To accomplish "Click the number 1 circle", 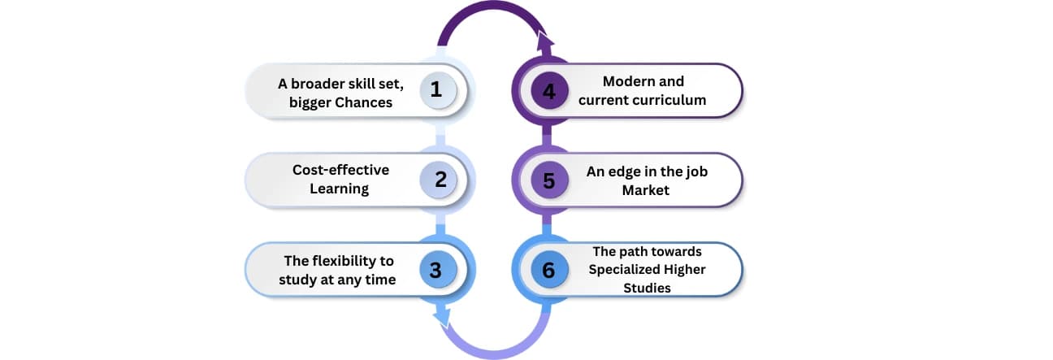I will pos(436,90).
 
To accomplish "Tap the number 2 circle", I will pos(440,180).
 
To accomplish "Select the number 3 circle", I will pos(436,270).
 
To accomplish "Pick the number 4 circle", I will pos(548,90).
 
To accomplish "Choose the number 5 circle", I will pos(548,180).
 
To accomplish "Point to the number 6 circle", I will pos(548,270).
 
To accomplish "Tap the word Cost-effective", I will pos(341,170).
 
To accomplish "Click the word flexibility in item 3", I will pos(351,261).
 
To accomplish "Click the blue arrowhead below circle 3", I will pos(441,315).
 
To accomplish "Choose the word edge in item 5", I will pos(629,171).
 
